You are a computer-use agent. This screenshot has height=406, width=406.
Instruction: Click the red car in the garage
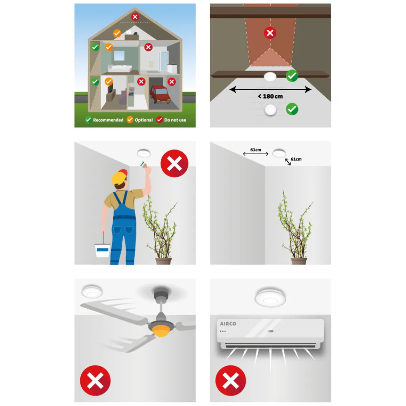point(160,94)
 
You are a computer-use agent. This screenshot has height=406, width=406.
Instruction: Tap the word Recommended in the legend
point(108,120)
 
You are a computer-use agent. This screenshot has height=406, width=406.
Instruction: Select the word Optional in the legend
point(144,120)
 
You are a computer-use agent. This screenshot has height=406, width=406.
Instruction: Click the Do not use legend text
point(175,120)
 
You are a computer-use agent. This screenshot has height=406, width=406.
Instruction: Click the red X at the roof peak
point(135,17)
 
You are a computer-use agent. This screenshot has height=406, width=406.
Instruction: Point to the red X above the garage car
point(171,82)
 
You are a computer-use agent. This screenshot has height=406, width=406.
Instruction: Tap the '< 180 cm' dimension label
point(270,96)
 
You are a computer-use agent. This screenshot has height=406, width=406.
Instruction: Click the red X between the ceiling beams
point(270,33)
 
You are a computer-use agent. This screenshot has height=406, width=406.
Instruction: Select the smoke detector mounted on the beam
point(270,77)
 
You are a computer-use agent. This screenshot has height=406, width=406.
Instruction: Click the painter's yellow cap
point(119,177)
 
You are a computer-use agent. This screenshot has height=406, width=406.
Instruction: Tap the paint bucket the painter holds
point(102,250)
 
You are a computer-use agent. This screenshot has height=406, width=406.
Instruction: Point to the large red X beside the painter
point(175,163)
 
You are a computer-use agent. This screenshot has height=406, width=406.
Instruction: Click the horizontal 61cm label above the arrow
point(255,150)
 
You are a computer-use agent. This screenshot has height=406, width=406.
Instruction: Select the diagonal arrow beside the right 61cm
point(288,162)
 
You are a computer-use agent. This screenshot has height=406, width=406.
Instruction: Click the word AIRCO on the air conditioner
point(228,324)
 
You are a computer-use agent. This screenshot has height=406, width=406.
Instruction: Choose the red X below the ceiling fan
point(95,381)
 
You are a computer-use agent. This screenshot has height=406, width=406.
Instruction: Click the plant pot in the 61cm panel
point(299,261)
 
